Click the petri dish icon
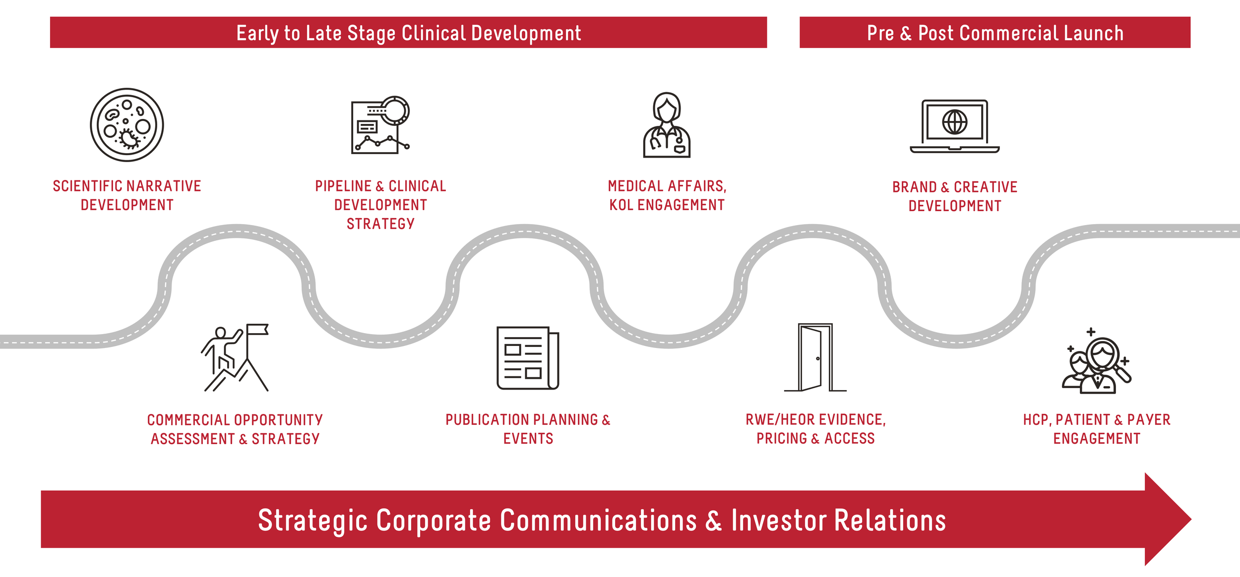[x=127, y=125]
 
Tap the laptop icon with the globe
[x=954, y=126]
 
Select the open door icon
[x=815, y=357]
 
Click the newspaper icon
[x=528, y=358]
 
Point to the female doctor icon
[x=667, y=125]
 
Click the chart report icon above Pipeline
[x=380, y=125]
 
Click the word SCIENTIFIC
[x=86, y=186]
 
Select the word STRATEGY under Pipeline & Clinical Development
[x=380, y=224]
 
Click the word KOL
[x=621, y=205]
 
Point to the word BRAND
[x=915, y=187]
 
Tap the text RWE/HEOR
[x=780, y=420]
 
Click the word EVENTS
[x=528, y=439]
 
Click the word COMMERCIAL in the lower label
[x=189, y=420]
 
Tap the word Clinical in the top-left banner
[x=434, y=33]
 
